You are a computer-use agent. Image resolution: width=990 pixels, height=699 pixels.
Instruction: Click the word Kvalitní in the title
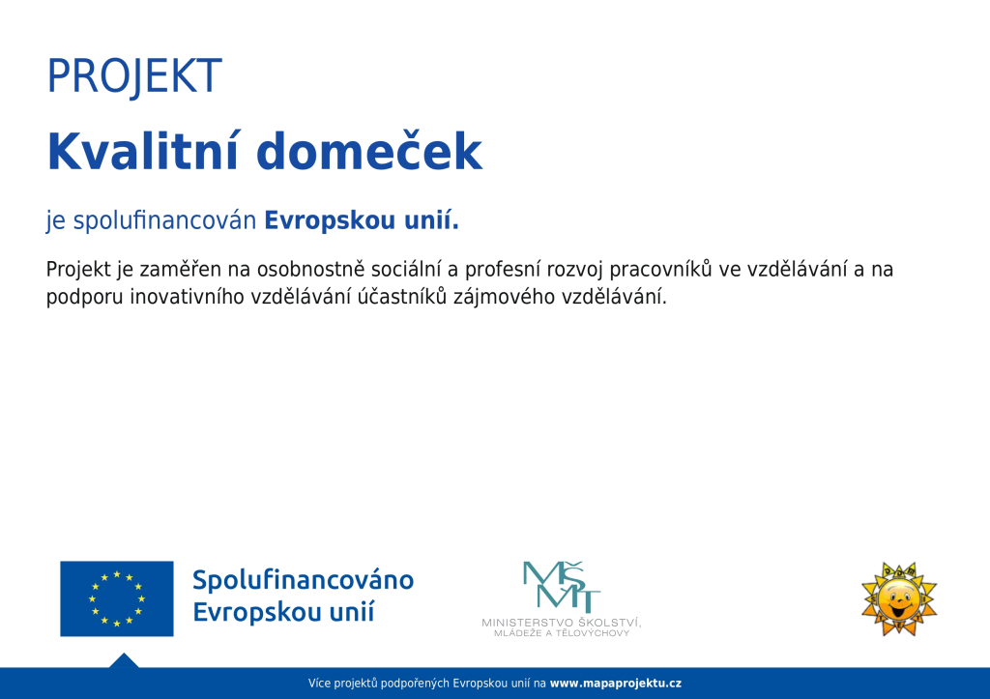pos(142,151)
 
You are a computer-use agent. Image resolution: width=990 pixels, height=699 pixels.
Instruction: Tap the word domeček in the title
pos(369,151)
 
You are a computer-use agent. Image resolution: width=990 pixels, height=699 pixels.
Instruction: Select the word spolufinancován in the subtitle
pos(164,221)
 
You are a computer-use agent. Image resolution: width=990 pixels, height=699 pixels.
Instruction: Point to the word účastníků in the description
pos(402,297)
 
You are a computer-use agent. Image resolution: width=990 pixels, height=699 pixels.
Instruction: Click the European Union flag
pos(117,598)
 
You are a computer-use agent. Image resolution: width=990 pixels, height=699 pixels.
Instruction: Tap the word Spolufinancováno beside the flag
pos(303,580)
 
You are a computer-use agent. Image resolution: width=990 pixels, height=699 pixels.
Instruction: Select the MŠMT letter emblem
pos(562,587)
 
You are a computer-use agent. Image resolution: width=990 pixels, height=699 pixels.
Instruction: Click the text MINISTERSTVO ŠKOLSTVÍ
pos(562,623)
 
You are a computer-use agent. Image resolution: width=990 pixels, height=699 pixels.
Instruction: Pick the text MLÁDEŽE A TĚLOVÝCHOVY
pos(562,633)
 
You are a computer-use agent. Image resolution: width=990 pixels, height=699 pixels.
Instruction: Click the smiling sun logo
pos(899,598)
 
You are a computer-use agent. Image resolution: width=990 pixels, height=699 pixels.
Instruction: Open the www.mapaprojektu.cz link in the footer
pos(616,684)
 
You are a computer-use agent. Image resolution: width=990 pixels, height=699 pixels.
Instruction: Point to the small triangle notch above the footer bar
pos(124,660)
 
